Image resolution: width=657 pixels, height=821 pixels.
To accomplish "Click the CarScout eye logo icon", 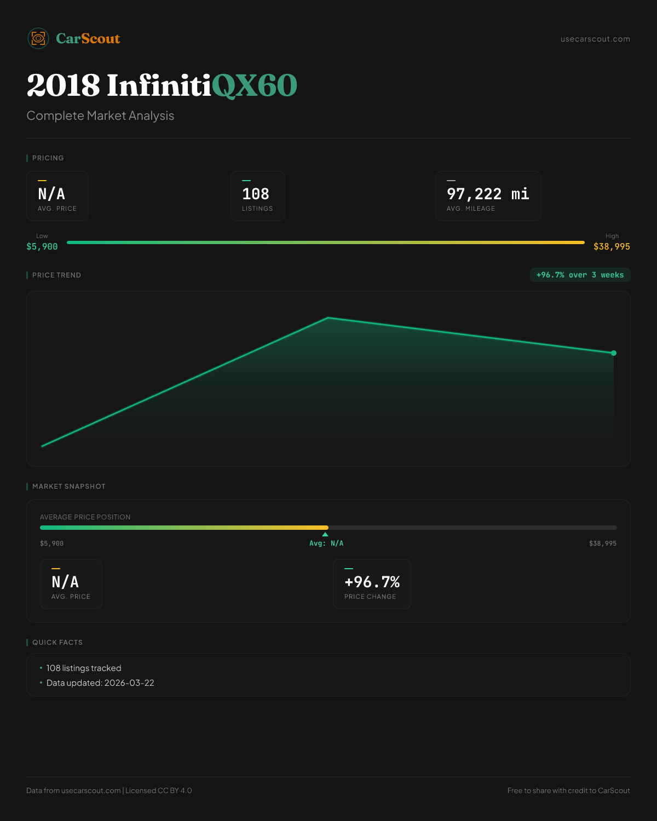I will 38,38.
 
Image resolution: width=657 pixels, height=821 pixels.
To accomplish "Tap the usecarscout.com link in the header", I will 595,39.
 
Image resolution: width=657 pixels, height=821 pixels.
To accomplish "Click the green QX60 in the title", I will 254,85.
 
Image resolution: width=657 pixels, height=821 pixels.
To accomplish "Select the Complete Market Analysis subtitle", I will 100,115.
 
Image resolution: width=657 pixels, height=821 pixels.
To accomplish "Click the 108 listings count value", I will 256,194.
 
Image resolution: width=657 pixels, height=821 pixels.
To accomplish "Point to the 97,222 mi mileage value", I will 488,194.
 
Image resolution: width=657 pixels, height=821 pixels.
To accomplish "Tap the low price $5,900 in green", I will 42,246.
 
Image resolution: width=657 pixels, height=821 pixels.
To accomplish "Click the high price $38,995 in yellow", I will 612,246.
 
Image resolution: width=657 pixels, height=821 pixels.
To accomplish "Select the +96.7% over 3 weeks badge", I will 580,275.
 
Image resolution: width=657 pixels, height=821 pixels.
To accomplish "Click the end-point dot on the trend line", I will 614,353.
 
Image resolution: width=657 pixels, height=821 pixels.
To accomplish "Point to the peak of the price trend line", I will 328,317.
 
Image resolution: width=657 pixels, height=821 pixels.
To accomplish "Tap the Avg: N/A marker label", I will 326,543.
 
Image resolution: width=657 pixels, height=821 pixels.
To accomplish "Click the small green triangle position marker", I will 325,534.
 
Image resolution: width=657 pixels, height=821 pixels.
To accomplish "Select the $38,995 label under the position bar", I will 603,543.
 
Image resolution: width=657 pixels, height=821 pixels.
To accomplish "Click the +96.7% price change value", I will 372,582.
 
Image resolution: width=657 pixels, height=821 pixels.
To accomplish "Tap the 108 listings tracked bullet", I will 84,668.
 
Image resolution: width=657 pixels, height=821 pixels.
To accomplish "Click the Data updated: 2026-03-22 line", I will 100,683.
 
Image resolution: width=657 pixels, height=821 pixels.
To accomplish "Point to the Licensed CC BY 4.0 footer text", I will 159,790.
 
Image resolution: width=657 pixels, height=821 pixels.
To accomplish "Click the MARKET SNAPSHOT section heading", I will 68,486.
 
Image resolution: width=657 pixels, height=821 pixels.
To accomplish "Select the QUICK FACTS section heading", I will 57,642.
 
